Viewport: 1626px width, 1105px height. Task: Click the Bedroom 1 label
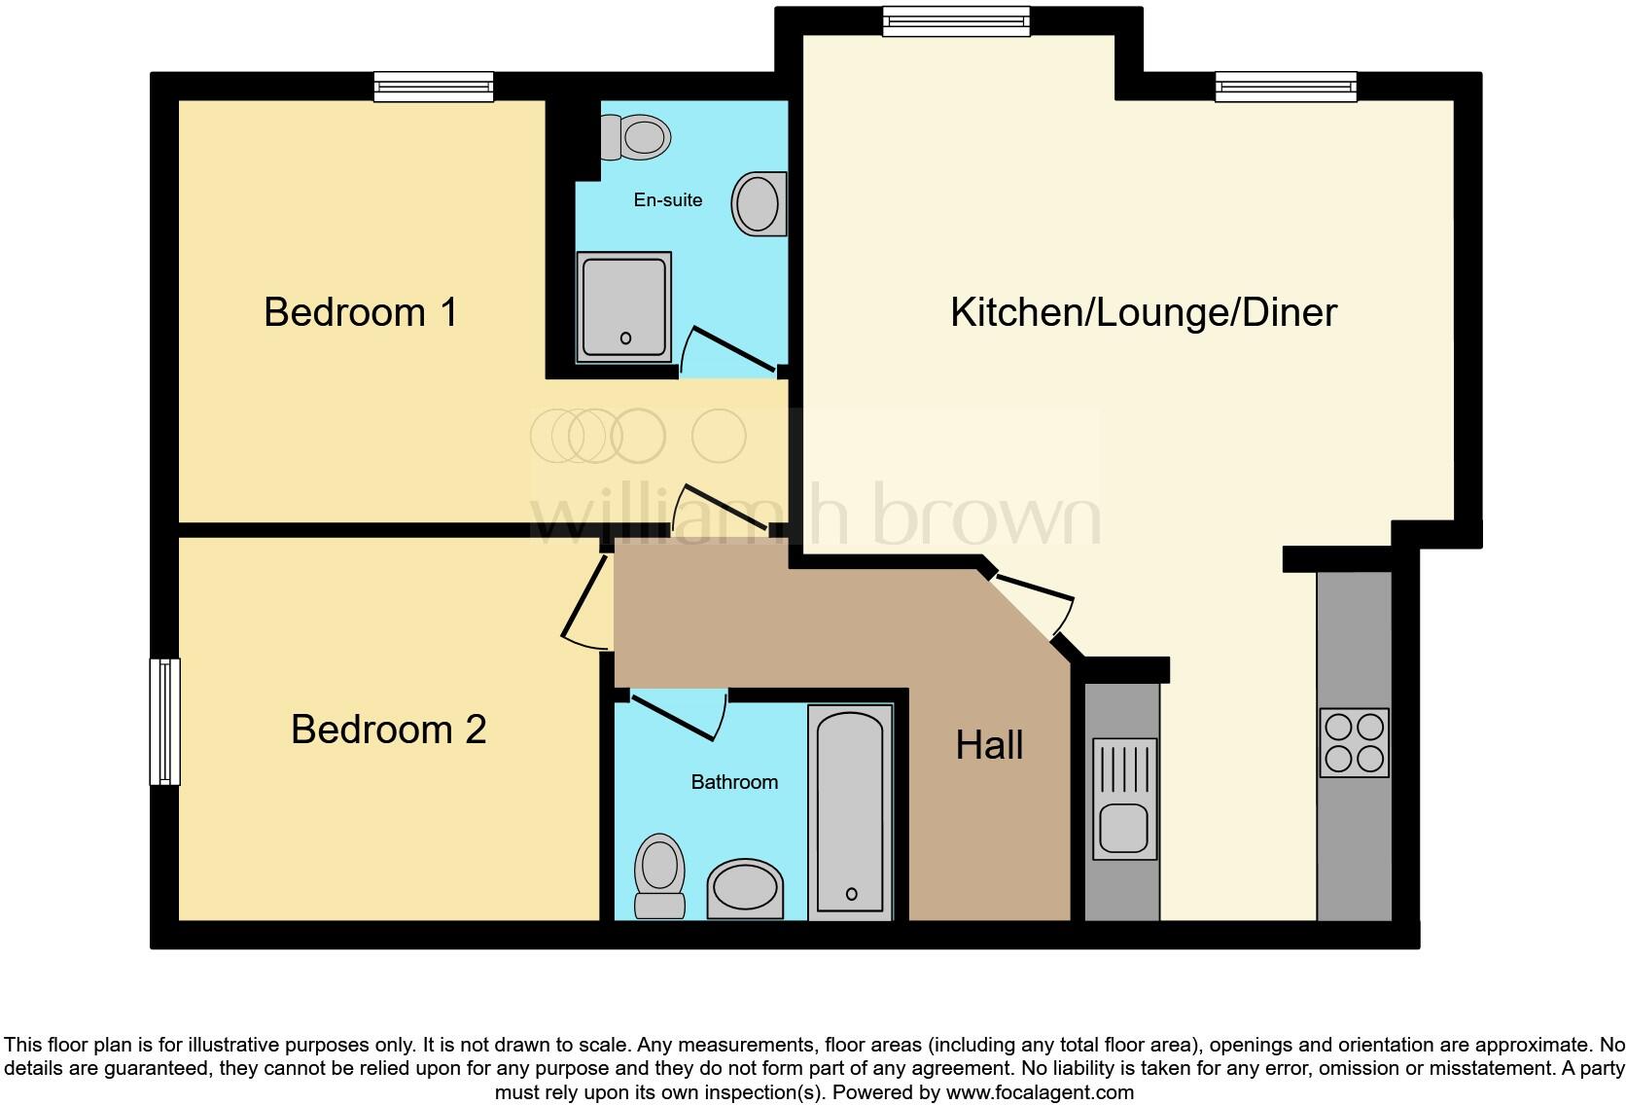coord(360,312)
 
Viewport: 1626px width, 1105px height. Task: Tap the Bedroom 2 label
coord(388,730)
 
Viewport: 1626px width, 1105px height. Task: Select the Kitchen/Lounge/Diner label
coord(1143,312)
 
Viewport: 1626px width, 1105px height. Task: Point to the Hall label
coord(989,745)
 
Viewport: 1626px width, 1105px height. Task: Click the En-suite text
coord(667,199)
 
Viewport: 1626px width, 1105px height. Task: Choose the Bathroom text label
coord(734,782)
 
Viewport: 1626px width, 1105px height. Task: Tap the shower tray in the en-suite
coord(624,305)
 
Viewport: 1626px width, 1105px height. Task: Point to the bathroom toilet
coord(659,874)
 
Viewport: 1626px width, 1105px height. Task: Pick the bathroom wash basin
coord(745,889)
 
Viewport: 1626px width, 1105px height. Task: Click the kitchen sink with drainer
coord(1125,799)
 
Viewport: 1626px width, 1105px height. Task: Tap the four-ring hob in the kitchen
coord(1354,742)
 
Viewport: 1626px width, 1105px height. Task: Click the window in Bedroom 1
coord(434,88)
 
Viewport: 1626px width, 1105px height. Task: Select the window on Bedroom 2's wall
coord(164,722)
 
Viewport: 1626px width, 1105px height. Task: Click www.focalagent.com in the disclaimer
coord(1040,1092)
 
